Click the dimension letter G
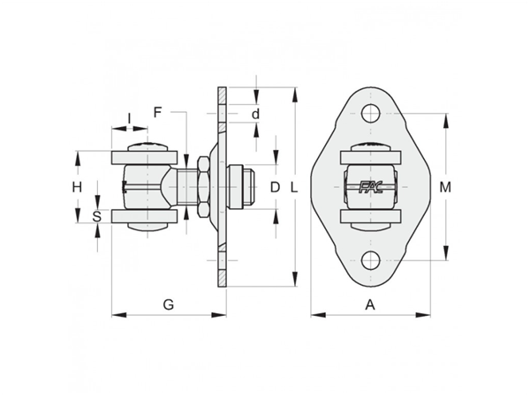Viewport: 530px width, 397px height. (169, 305)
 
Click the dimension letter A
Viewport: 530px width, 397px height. (370, 305)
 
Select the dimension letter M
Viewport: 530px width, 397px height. (445, 187)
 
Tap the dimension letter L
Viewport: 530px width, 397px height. (294, 187)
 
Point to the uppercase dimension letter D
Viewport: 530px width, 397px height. (275, 187)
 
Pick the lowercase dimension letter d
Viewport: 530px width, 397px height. (256, 114)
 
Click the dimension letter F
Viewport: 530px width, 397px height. (157, 112)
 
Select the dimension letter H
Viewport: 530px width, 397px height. (77, 187)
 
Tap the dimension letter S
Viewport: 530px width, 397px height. (97, 217)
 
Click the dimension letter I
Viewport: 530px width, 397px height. (129, 118)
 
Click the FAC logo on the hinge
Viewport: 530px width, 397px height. (370, 187)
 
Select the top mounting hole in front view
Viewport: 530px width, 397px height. (370, 114)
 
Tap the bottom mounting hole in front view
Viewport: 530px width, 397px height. (370, 260)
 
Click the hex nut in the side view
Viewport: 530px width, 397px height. (203, 187)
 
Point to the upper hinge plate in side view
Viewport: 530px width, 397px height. (144, 157)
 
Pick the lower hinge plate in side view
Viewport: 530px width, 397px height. (144, 216)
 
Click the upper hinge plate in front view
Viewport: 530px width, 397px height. (370, 157)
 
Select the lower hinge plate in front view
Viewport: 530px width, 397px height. (370, 216)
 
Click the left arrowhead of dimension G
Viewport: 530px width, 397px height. (119, 315)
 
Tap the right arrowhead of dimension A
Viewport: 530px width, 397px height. (423, 315)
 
